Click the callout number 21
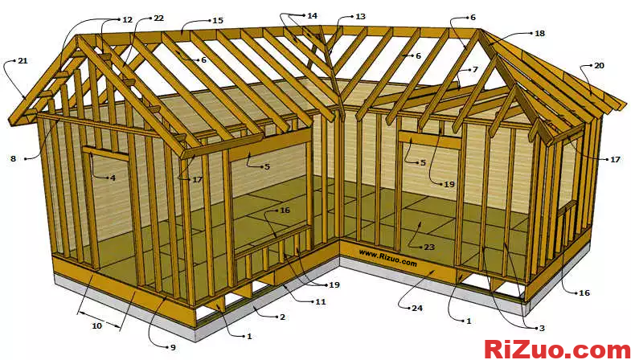[23, 61]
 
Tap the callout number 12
[127, 19]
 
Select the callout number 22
[158, 18]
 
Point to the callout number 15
[218, 21]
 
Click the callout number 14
[312, 16]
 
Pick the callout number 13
[360, 17]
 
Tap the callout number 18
[539, 34]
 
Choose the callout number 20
[599, 65]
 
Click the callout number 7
[475, 70]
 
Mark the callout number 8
[14, 158]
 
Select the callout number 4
[113, 178]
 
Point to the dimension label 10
[96, 325]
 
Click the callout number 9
[173, 347]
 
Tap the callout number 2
[282, 317]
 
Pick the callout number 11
[321, 301]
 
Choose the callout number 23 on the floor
[429, 247]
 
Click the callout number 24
[417, 308]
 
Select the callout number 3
[543, 328]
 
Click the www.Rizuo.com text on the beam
[387, 258]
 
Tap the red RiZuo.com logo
[557, 349]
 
